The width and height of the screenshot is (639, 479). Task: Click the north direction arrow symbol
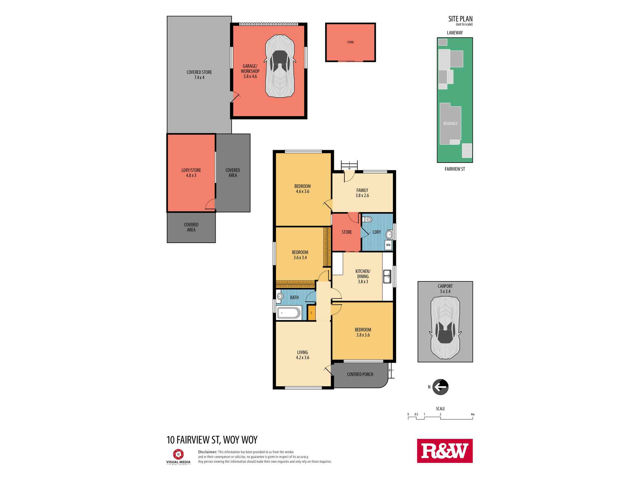pyautogui.click(x=440, y=387)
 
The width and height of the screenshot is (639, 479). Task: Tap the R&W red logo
pyautogui.click(x=445, y=451)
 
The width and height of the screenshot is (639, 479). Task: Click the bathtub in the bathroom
pyautogui.click(x=289, y=313)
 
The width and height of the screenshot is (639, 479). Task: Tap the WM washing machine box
pyautogui.click(x=388, y=245)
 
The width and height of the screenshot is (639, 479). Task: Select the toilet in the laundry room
pyautogui.click(x=368, y=219)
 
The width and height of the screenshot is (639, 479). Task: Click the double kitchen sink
pyautogui.click(x=387, y=277)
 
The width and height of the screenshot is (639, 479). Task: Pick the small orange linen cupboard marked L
pyautogui.click(x=311, y=313)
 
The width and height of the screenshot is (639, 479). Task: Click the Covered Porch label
pyautogui.click(x=360, y=374)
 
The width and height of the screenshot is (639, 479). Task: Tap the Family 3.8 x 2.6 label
pyautogui.click(x=362, y=193)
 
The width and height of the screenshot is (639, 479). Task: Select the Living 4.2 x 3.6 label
pyautogui.click(x=303, y=355)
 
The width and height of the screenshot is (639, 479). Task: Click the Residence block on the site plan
pyautogui.click(x=450, y=124)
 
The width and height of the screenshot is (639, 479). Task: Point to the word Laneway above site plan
pyautogui.click(x=455, y=33)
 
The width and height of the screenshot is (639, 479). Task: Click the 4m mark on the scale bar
pyautogui.click(x=473, y=414)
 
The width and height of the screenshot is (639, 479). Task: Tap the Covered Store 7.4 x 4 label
pyautogui.click(x=199, y=75)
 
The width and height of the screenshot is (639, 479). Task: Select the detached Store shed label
pyautogui.click(x=350, y=42)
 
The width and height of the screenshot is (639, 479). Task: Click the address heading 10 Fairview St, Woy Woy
pyautogui.click(x=212, y=440)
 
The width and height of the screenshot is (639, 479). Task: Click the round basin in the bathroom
pyautogui.click(x=280, y=296)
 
